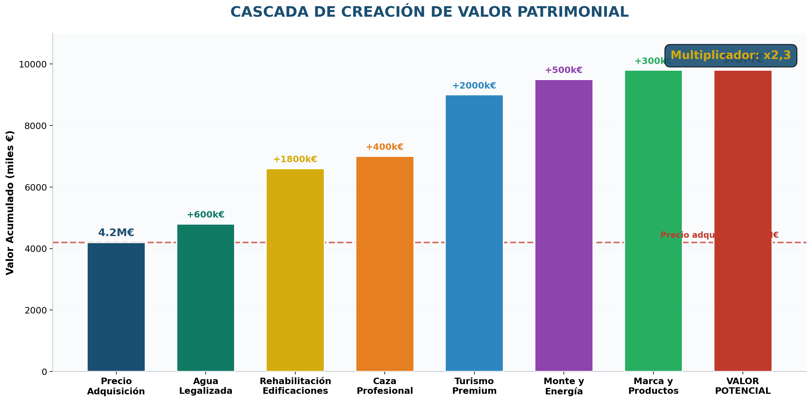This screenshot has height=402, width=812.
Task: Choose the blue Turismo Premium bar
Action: (474, 233)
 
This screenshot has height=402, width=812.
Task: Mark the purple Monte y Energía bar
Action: (564, 225)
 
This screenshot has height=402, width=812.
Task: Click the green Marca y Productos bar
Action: (653, 221)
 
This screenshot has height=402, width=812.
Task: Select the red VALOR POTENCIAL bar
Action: (743, 221)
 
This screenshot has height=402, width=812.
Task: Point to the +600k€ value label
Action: (205, 215)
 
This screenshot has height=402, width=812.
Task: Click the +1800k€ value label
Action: (295, 159)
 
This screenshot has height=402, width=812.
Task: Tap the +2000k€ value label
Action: (474, 86)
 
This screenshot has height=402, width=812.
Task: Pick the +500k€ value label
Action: (564, 70)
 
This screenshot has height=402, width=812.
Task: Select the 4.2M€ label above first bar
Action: (116, 233)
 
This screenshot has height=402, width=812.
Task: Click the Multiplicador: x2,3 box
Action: (730, 55)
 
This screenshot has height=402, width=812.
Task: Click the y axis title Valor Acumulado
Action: (10, 202)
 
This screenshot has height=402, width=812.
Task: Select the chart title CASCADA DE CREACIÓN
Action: (429, 12)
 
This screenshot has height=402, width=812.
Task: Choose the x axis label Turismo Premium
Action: (474, 386)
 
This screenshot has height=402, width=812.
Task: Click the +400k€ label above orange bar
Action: (384, 147)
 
